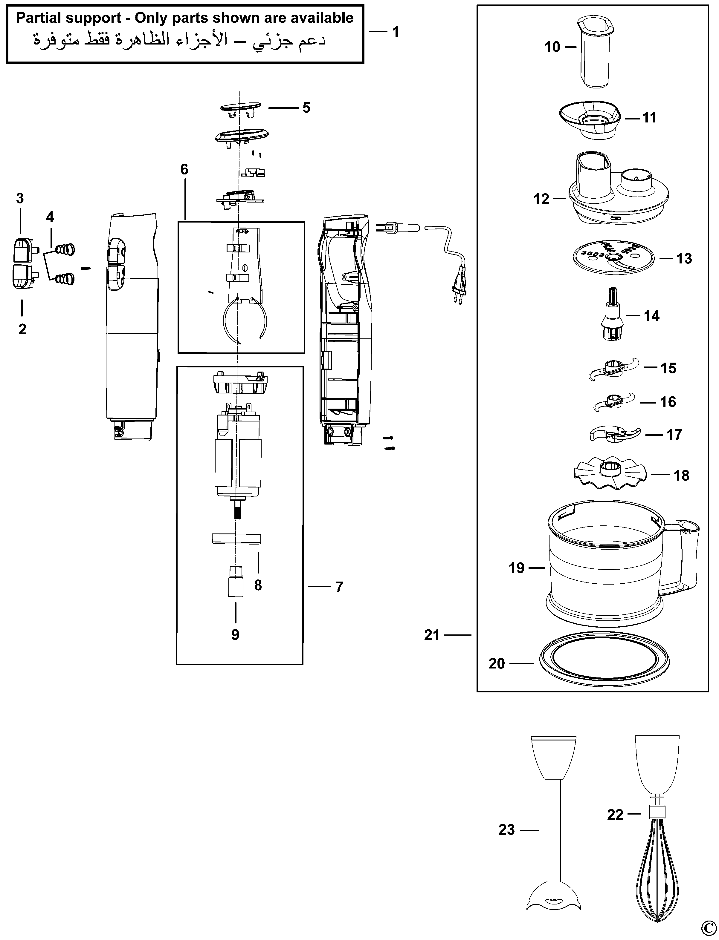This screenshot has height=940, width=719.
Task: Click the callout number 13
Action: tap(684, 258)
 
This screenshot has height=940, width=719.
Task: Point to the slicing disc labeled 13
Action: tap(614, 257)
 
